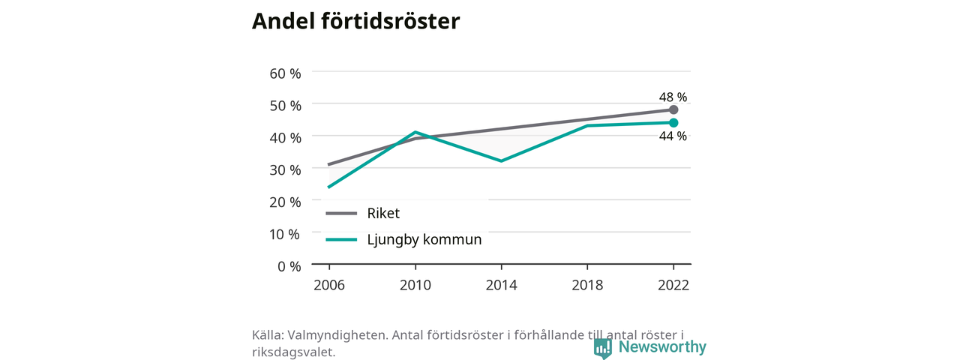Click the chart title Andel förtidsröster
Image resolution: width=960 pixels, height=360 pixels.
pos(355,21)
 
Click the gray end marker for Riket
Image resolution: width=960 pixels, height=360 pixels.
pos(673,109)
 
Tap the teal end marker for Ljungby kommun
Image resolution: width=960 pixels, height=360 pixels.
pos(673,123)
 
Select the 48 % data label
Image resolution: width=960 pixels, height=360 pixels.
pos(673,97)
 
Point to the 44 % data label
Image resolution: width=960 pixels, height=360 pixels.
pos(673,136)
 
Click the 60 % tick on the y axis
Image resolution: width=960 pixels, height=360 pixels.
pos(286,73)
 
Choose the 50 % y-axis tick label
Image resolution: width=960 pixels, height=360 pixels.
pos(286,106)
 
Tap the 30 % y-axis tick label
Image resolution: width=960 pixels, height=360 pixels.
pos(286,169)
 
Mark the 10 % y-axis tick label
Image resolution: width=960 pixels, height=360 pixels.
pos(284,234)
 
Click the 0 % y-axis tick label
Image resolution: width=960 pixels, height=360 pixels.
pos(289,266)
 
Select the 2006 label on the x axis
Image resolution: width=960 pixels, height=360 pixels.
pos(329,285)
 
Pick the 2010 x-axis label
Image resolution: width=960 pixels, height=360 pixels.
pos(415,285)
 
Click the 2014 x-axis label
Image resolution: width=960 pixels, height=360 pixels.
pos(502,285)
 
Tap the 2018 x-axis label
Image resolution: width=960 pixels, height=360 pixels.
pos(587,285)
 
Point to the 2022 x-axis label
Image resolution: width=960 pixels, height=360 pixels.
pos(673,285)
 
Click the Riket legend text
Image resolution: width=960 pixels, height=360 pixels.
pos(383,213)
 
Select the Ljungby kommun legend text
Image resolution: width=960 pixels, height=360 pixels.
pos(424,239)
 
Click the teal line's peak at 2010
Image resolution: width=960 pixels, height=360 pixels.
pos(415,132)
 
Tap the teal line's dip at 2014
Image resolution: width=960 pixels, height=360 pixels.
pos(502,161)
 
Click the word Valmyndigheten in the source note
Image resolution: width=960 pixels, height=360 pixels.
pos(338,335)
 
